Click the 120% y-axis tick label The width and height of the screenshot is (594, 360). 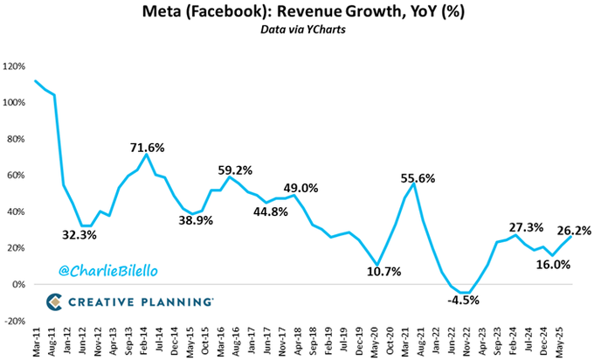tap(12, 66)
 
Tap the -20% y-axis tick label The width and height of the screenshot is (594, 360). tap(14, 322)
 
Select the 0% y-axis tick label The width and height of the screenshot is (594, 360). tap(17, 285)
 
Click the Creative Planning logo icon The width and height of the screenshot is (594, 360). tap(55, 301)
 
